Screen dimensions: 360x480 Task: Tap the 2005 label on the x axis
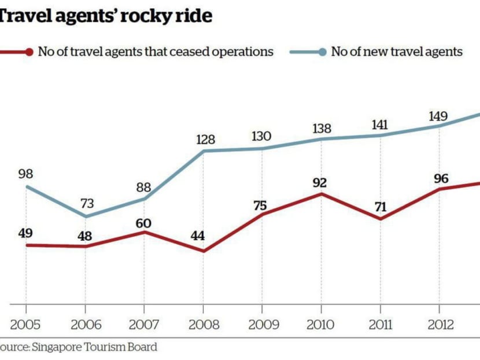[x=25, y=324]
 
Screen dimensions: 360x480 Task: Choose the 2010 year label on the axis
[x=322, y=324]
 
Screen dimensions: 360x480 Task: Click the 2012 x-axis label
[x=440, y=324]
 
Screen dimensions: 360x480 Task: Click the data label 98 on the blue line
[x=25, y=174]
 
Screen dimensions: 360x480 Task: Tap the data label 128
[x=205, y=139]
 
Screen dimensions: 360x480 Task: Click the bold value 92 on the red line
[x=319, y=183]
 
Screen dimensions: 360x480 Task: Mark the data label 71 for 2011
[x=380, y=205]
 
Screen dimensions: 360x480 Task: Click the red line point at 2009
[x=262, y=214]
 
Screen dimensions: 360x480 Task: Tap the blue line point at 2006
[x=86, y=217]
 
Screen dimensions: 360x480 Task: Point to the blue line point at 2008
[x=204, y=151]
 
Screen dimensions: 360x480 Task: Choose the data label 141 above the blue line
[x=381, y=124]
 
